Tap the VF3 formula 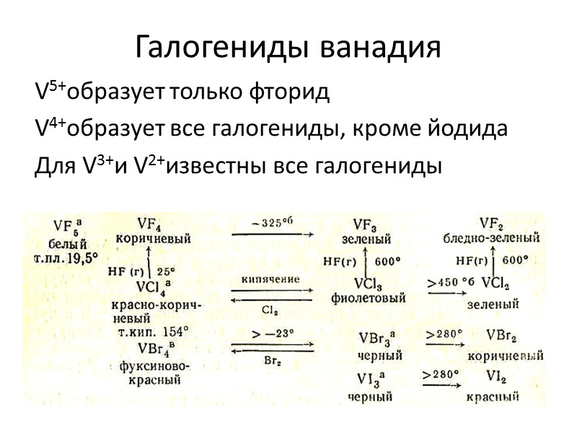click(x=367, y=224)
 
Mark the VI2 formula click(x=494, y=377)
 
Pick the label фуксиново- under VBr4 click(x=151, y=366)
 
